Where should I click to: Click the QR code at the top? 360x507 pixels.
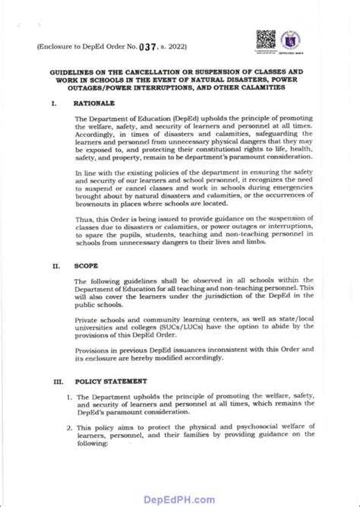pos(265,39)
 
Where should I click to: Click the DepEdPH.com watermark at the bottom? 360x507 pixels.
pos(179,496)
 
